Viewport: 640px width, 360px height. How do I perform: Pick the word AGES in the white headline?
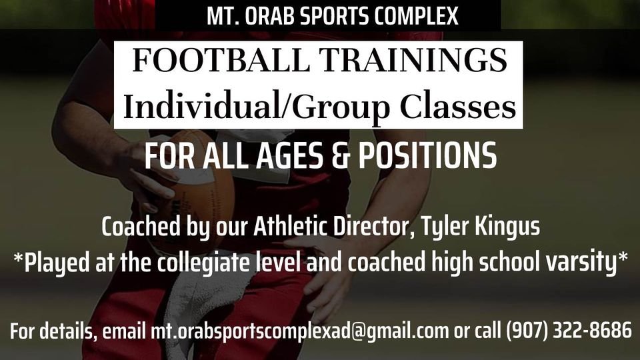[x=289, y=157]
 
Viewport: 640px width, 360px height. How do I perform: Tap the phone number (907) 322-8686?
[x=568, y=331]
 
